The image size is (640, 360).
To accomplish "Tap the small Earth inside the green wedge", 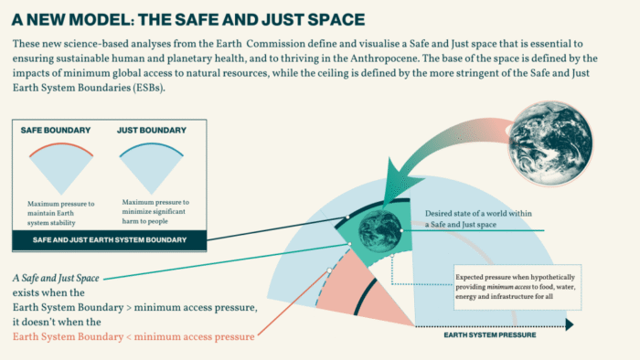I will pos(374,227).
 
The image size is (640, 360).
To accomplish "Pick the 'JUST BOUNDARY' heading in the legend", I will pos(147,132).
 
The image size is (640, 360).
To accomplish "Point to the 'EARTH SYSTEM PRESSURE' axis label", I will pos(489,335).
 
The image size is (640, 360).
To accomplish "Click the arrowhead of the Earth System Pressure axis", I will pos(569,323).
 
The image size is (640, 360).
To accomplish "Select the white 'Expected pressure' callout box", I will pos(511,285).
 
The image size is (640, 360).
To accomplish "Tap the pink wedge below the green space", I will pos(366,292).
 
